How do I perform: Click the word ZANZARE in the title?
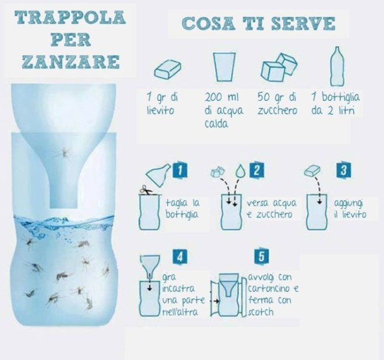tap(71, 61)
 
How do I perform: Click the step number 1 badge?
tap(180, 170)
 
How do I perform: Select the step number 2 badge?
tap(256, 169)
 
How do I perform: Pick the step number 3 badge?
tap(343, 170)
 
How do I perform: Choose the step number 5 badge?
tap(262, 257)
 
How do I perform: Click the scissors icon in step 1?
tap(146, 190)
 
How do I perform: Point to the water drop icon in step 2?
tap(240, 171)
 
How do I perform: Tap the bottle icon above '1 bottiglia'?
tap(337, 66)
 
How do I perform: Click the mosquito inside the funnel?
tap(63, 153)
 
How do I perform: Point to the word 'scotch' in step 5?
tap(261, 312)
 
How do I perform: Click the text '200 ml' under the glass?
tap(222, 97)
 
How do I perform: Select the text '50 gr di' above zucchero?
tap(277, 97)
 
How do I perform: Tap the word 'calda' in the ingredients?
tap(216, 124)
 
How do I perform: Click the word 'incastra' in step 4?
tap(178, 289)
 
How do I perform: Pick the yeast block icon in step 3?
tap(313, 171)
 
